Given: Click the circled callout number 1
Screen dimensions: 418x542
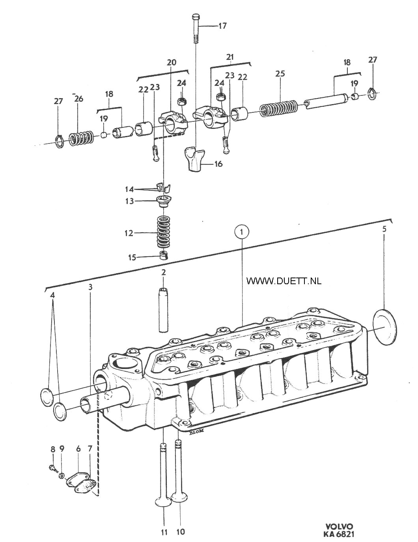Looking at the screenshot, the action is [241, 232].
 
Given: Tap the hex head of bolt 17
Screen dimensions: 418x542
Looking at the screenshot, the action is [195, 18].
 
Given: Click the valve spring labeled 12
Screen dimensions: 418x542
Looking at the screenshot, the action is [163, 232].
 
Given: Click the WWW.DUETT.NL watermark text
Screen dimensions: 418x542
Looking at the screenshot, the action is [284, 281].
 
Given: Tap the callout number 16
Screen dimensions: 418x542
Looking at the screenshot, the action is [218, 164].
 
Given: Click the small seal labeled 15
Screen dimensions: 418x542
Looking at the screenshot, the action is [164, 255].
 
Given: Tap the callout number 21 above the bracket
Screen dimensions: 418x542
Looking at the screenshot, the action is [230, 58].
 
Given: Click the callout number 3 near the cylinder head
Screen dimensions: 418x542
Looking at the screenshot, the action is [90, 287].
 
